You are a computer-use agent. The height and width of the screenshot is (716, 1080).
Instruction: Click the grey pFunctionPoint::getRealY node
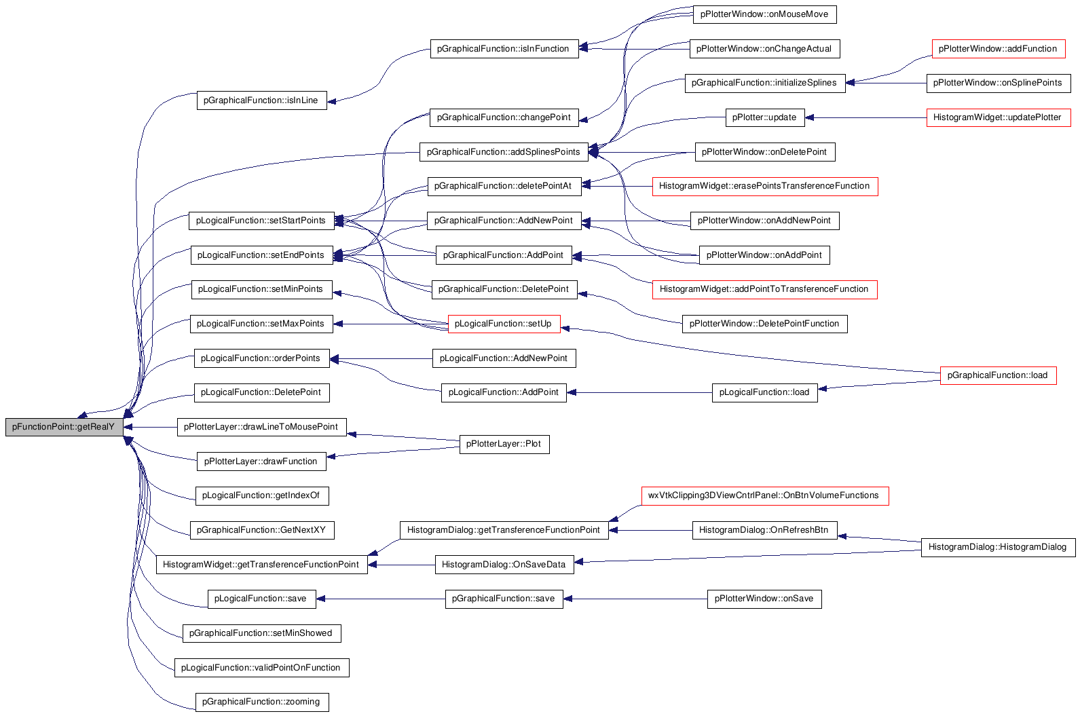64,427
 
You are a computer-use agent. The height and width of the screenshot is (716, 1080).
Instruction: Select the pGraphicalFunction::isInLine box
262,100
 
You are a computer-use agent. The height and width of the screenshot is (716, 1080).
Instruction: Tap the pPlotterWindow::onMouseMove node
764,14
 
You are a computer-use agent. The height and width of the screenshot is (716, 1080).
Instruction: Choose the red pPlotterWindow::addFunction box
999,49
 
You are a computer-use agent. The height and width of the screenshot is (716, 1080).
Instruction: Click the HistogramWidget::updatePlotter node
999,117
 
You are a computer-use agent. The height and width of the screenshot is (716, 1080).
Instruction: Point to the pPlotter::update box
765,117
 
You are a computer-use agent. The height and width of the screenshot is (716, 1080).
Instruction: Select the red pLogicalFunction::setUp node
504,324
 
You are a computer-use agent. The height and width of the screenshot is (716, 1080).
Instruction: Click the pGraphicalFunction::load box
998,375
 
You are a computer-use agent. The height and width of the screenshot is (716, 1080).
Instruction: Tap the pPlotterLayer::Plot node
504,445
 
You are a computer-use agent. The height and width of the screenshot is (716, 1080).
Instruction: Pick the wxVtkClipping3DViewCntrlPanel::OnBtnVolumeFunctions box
764,496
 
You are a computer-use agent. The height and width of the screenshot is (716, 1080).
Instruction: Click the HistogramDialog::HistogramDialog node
998,548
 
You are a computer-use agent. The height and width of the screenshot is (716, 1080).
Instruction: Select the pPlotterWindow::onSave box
764,599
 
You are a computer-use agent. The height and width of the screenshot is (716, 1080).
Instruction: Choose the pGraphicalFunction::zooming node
262,702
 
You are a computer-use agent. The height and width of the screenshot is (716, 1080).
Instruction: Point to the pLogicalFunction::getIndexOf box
262,496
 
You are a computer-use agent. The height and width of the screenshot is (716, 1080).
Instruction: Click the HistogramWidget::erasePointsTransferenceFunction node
764,187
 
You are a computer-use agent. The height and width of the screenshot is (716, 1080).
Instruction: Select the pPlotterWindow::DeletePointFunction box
764,324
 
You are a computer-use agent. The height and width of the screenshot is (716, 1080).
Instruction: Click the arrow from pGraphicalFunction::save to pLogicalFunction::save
381,599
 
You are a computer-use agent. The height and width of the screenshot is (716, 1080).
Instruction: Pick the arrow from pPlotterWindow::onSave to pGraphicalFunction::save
635,599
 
